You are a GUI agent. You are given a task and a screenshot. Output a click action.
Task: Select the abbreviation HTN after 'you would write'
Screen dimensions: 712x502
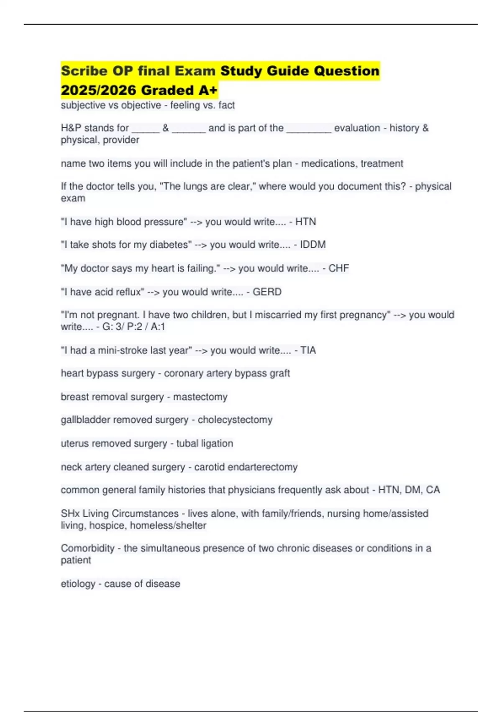[305, 222]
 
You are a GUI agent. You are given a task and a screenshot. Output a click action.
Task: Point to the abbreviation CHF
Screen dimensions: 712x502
[338, 268]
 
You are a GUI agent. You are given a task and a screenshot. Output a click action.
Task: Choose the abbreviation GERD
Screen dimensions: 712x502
[267, 292]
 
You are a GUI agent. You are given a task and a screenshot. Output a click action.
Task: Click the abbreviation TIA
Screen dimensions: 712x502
[308, 350]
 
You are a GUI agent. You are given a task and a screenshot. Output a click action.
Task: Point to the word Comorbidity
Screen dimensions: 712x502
[87, 548]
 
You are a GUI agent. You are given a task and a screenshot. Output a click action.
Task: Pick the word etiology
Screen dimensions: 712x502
[78, 584]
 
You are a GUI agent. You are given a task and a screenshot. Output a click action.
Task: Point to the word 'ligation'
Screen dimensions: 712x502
[219, 443]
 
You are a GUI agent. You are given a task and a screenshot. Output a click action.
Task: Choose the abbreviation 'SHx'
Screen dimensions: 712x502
[70, 513]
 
